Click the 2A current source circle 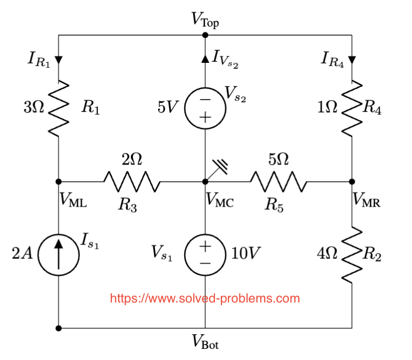[58, 254]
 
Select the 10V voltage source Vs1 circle [205, 255]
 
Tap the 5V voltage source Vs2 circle [205, 108]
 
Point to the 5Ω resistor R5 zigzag [278, 182]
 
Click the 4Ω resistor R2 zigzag [352, 255]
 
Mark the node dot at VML [59, 182]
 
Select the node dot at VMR [352, 182]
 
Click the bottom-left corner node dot [59, 328]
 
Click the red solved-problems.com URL [205, 298]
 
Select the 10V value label [245, 254]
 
